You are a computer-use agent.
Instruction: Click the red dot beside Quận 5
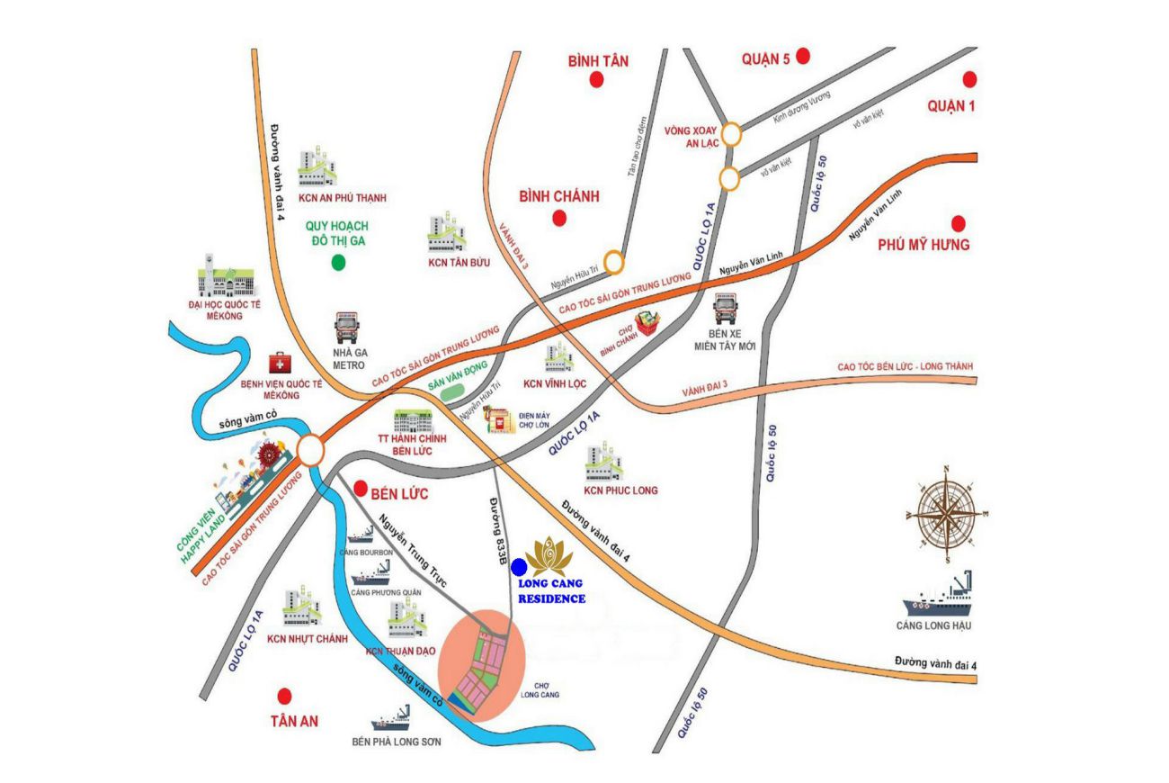tap(803, 57)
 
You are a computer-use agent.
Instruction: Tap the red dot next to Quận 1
tap(969, 79)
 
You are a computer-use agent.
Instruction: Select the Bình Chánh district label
tap(558, 196)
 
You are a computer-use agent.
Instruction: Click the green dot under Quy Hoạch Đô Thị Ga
tap(338, 263)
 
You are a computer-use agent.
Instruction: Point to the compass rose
tap(946, 514)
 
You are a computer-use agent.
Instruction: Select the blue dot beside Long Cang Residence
tap(519, 567)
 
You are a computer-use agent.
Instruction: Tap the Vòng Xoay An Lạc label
tap(690, 136)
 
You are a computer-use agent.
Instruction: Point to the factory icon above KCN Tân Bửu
tap(447, 233)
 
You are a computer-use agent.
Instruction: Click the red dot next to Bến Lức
tap(361, 489)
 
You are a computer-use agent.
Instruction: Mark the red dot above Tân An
tap(285, 696)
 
